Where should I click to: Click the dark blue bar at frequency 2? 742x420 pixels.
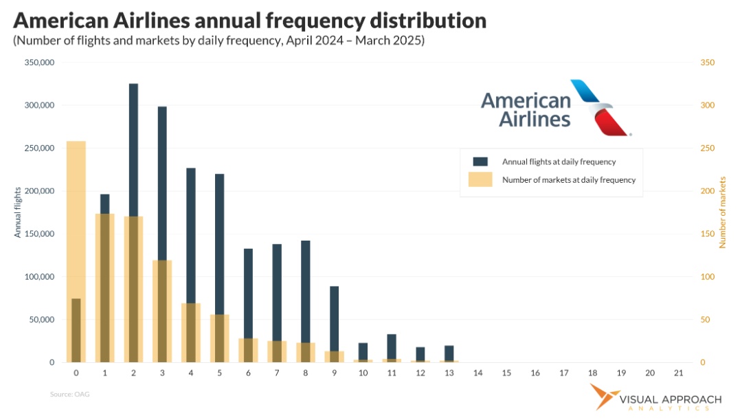[133, 151]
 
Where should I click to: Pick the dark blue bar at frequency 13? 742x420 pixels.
[449, 353]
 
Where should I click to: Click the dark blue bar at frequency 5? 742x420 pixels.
[219, 241]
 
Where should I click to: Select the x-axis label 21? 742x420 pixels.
[679, 373]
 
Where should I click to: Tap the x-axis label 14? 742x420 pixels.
[477, 373]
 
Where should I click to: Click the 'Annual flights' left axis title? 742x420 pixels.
[18, 212]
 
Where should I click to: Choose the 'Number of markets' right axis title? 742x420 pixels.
[722, 212]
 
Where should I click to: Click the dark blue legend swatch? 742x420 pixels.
[480, 162]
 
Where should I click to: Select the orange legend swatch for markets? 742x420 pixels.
[480, 179]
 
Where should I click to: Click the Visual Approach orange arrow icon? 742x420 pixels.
[603, 399]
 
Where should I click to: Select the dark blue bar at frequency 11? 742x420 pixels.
[392, 347]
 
